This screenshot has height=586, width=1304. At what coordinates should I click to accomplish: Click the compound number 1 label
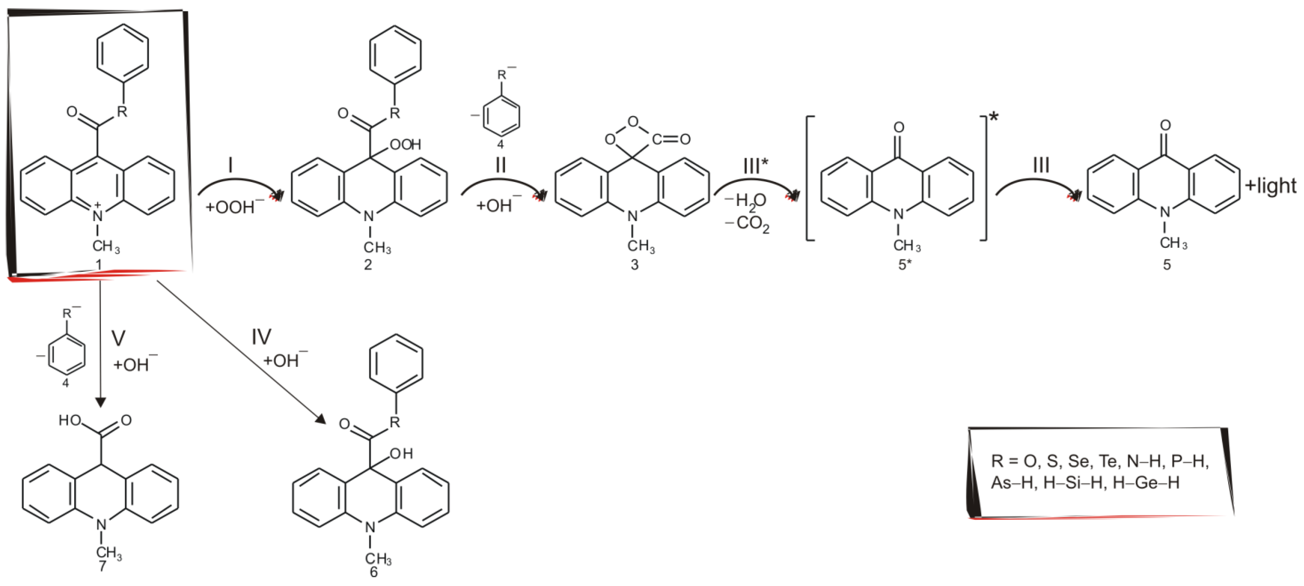(x=99, y=265)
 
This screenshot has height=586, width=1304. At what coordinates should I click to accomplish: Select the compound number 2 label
(x=368, y=265)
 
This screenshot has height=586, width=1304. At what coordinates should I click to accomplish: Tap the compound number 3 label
(x=634, y=265)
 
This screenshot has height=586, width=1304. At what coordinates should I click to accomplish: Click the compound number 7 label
(x=102, y=566)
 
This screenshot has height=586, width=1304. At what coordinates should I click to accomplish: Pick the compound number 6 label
(x=374, y=572)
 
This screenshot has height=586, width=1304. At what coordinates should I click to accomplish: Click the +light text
(x=1271, y=186)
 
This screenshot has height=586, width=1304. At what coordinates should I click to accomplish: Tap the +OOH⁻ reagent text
(x=234, y=207)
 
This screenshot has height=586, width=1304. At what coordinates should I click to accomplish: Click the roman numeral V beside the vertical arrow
(x=118, y=338)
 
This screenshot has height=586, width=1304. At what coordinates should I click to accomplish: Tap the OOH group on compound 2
(x=405, y=145)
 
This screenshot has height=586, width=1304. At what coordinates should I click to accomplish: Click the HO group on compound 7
(x=70, y=421)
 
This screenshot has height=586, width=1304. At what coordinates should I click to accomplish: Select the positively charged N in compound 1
(x=98, y=216)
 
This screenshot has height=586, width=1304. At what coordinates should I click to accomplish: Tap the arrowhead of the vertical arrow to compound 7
(x=100, y=402)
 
